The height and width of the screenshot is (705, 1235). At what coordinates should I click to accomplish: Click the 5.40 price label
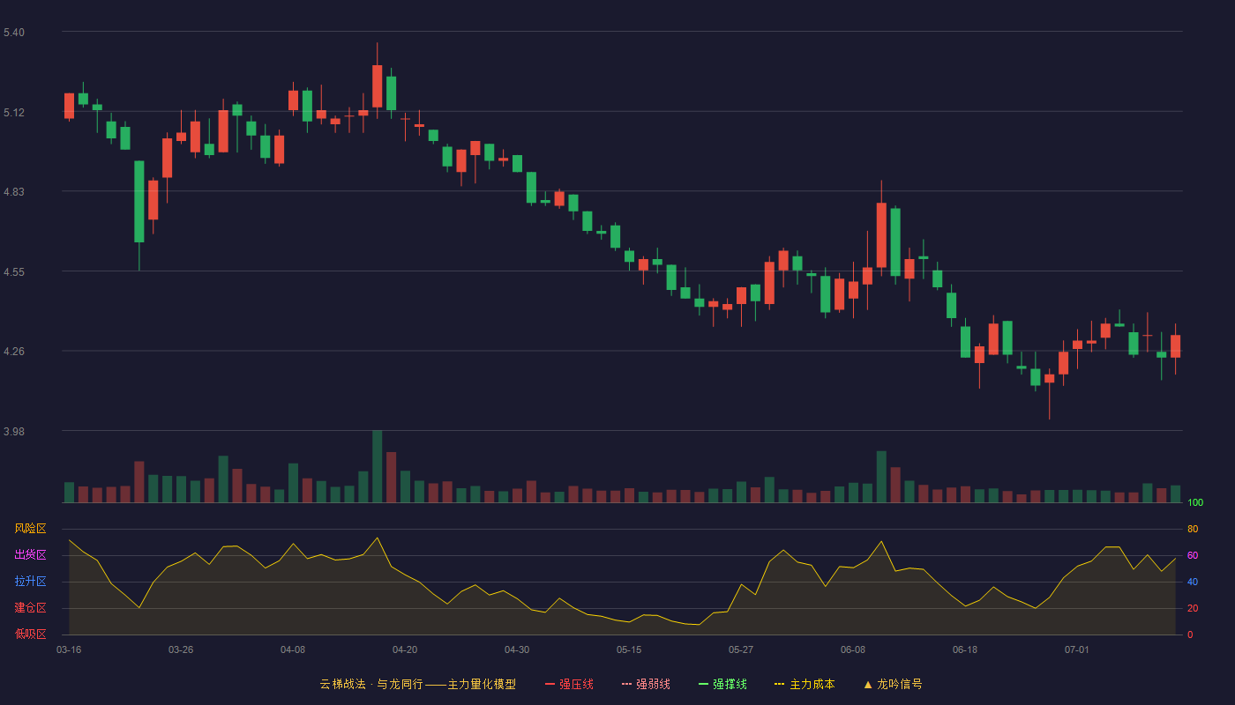pos(14,33)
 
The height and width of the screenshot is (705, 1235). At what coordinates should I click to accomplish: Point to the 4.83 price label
pos(14,192)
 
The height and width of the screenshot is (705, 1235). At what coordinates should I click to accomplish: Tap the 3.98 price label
pos(14,431)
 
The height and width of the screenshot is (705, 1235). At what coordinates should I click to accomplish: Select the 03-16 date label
pos(69,650)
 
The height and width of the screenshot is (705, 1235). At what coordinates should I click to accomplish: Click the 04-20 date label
pos(405,650)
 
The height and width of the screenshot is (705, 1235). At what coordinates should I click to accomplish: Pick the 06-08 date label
pos(853,650)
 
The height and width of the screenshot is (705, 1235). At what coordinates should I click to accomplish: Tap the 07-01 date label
pos(1077,650)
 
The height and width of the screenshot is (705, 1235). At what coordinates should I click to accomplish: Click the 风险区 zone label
pos(30,529)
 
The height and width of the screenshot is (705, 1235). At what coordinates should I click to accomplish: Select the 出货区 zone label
pos(30,554)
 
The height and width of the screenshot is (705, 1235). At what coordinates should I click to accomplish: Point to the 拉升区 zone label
pos(30,581)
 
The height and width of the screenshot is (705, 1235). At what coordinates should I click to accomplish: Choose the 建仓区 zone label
pos(30,607)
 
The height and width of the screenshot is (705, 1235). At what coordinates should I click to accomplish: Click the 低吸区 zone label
pos(30,634)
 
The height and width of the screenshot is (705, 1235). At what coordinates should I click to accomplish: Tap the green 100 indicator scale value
pos(1195,502)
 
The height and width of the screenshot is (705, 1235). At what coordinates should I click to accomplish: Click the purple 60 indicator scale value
pos(1193,555)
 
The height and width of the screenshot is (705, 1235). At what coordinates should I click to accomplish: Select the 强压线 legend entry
pos(569,684)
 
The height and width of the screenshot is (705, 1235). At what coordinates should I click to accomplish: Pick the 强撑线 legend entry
pos(722,684)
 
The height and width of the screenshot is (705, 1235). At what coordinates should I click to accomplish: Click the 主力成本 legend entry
pos(805,684)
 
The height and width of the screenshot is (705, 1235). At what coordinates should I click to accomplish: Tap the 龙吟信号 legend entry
pos(893,684)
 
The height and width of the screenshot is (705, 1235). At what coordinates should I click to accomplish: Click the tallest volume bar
pos(378,466)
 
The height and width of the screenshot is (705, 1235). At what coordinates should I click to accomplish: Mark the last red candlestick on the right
pos(1175,346)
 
